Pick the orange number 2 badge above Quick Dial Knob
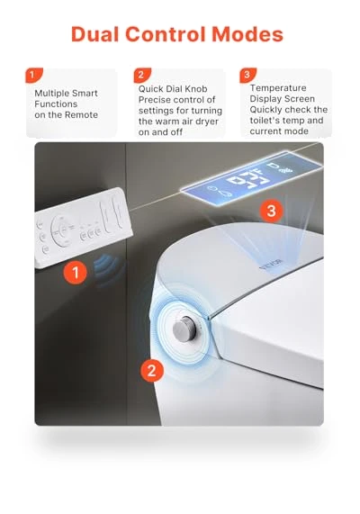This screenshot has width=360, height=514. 142,75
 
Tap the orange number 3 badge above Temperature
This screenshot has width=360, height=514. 248,75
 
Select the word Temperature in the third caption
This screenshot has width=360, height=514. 278,88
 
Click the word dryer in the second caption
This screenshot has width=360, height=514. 206,122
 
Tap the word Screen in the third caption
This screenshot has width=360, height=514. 300,99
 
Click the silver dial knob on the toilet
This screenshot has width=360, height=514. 184,328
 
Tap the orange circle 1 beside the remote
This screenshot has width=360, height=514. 76,272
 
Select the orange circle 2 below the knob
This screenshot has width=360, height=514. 152,370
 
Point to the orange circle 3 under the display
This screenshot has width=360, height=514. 272,210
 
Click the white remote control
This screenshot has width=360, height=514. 83,228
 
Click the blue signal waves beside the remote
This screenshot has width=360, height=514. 106,269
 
